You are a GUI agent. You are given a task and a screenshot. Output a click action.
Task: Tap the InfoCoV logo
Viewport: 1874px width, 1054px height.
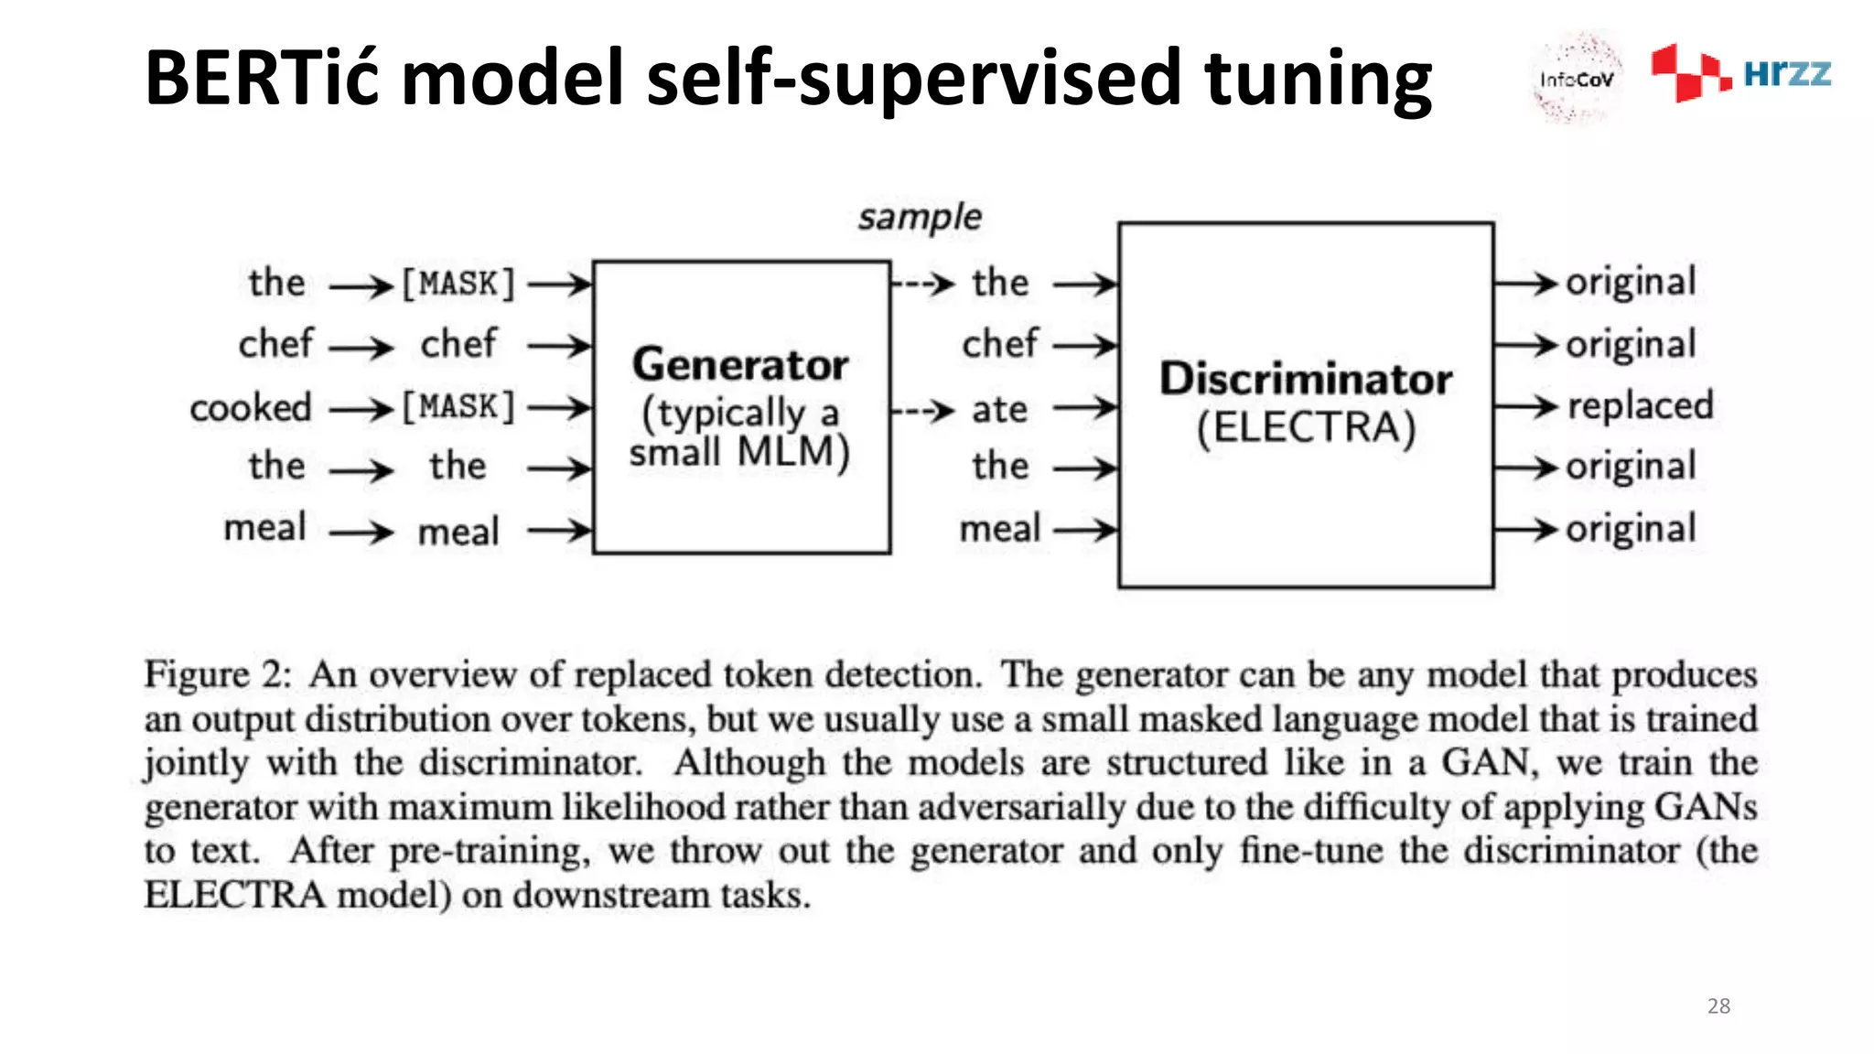(x=1576, y=79)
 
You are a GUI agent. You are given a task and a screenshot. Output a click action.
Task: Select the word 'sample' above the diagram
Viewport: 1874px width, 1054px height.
(x=919, y=218)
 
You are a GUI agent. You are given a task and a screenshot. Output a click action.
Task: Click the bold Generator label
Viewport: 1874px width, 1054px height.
(x=740, y=364)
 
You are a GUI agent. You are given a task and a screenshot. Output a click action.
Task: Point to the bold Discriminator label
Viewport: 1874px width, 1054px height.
(x=1306, y=379)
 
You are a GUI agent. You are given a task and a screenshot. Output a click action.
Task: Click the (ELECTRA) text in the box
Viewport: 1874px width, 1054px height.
(x=1306, y=427)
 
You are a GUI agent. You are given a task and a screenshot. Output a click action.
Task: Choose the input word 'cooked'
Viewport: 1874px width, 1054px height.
(x=251, y=408)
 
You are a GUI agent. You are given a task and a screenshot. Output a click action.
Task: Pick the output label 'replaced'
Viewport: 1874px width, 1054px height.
(x=1640, y=405)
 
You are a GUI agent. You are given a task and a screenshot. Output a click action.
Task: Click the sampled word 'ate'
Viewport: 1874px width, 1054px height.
(x=999, y=409)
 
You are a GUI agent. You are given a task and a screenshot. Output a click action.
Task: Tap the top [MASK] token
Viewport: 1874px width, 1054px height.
(x=458, y=284)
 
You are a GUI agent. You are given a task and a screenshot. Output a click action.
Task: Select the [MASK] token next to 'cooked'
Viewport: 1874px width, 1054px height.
(x=458, y=406)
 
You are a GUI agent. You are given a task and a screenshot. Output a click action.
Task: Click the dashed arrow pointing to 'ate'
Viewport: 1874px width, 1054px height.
(x=924, y=410)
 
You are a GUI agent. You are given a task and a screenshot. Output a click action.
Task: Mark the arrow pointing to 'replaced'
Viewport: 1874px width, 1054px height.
(x=1525, y=406)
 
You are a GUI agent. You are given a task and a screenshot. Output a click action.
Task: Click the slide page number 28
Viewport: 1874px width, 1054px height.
(x=1718, y=1006)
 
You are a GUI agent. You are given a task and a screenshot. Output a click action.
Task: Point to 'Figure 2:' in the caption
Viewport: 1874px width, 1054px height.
(x=218, y=675)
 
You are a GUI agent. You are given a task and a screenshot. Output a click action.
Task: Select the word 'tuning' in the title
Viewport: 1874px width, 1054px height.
(x=1318, y=78)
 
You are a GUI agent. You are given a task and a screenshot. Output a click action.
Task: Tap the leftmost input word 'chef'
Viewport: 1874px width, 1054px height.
(x=275, y=345)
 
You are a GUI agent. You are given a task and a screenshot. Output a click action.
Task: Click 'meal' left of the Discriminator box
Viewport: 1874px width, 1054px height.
(x=999, y=529)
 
